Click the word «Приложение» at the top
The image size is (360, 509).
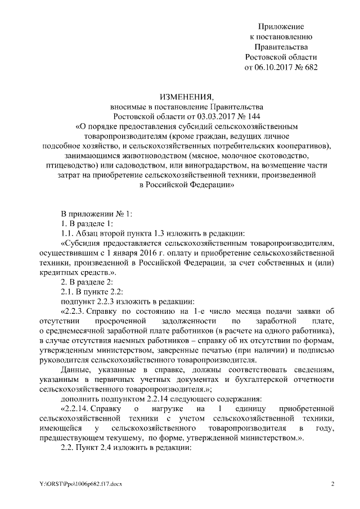[x=281, y=26]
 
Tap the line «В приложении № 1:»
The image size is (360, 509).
[x=96, y=214]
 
